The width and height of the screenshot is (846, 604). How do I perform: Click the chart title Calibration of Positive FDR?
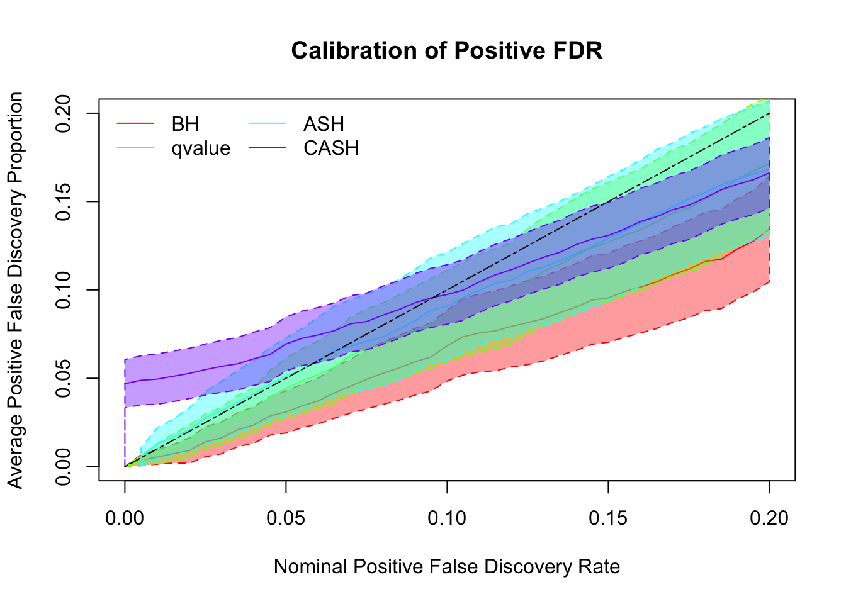tap(447, 50)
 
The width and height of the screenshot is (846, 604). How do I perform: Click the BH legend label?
tap(185, 124)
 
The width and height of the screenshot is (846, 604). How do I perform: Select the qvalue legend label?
tap(201, 148)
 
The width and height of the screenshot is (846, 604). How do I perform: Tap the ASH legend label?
tap(324, 124)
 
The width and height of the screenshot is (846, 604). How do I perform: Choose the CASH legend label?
tap(331, 148)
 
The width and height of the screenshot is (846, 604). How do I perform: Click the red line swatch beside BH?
tap(135, 124)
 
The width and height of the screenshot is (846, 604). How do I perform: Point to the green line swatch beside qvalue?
tap(135, 148)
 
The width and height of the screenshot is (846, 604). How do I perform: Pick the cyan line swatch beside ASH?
tap(268, 124)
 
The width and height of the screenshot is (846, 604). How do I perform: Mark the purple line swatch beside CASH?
tap(268, 148)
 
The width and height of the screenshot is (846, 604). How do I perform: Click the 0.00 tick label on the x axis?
tap(125, 518)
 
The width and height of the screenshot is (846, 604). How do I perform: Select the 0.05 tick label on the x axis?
tap(286, 518)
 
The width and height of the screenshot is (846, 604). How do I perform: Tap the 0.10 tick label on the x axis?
tap(447, 518)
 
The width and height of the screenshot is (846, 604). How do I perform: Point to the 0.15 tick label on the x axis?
tap(608, 518)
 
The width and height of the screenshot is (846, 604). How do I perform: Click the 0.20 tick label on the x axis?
tap(769, 518)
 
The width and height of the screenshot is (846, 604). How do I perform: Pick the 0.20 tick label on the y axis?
tap(64, 113)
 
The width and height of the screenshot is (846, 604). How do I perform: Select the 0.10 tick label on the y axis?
tap(64, 290)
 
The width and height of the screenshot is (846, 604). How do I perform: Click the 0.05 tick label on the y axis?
tap(64, 378)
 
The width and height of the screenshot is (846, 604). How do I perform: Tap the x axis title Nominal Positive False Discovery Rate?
tap(447, 567)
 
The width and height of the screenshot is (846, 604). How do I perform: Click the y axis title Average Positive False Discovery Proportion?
tap(16, 290)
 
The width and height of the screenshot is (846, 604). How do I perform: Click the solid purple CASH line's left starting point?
tap(125, 384)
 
